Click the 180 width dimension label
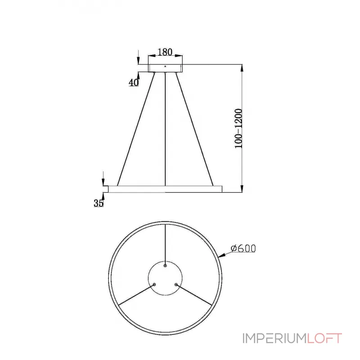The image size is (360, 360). point(166,52)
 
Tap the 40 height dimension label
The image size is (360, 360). point(133,82)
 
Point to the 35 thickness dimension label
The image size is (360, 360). point(99,203)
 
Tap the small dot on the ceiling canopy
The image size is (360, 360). point(166,67)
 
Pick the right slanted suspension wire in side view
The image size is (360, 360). point(195,128)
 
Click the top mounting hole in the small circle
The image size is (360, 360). point(165,265)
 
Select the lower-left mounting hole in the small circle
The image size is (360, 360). point(154,284)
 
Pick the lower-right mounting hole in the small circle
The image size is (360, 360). point(176,284)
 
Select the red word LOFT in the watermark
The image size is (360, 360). point(325,338)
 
